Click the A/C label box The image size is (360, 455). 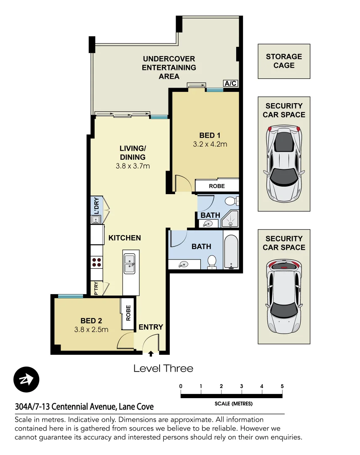coord(230,83)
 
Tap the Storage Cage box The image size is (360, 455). coord(284,61)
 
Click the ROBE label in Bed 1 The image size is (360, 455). coord(217,186)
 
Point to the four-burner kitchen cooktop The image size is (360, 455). coord(96,262)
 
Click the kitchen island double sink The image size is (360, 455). coord(130,264)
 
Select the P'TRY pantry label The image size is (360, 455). coord(96,289)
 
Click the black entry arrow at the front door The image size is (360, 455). coord(151,355)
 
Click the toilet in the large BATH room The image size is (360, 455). coord(212,262)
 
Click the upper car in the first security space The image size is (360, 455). coord(284,163)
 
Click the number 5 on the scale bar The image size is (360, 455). coord(282,386)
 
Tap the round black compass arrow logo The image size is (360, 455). coord(26,380)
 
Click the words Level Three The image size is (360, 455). coord(163,369)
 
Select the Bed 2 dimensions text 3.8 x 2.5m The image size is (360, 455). coord(91,329)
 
